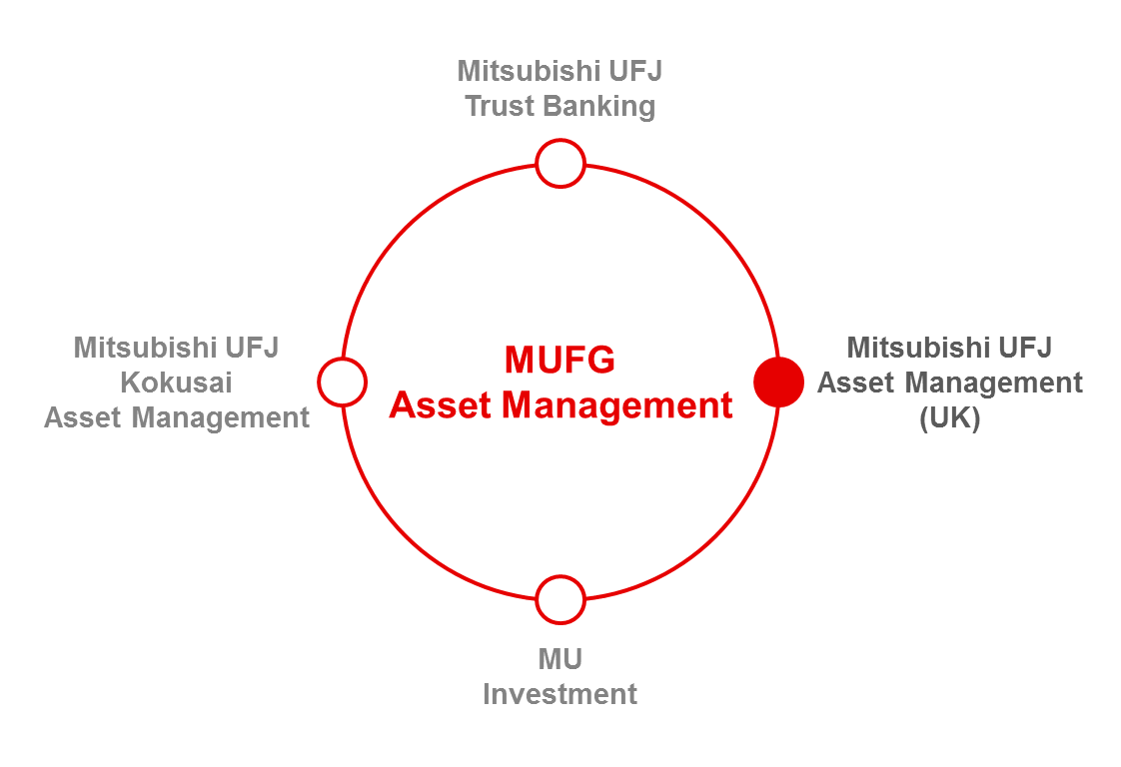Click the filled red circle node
coord(778,382)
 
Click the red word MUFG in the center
coord(560,360)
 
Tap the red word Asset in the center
coord(442,405)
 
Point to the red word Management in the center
coord(617,407)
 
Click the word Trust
coord(500,106)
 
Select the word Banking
coord(599,107)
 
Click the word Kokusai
coord(176,383)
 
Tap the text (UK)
coord(950,417)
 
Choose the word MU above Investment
coord(560,659)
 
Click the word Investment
coord(560,694)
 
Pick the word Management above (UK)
coord(994,383)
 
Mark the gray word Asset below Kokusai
coord(84,417)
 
